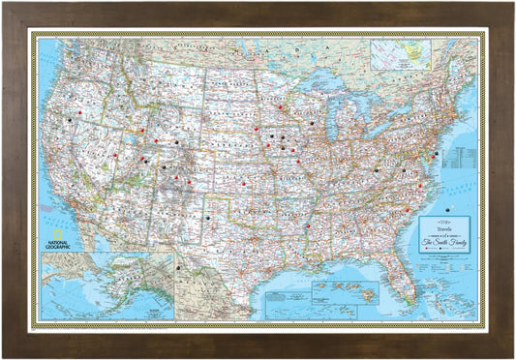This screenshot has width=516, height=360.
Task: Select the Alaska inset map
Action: (x=107, y=285)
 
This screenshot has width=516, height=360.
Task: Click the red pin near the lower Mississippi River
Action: (x=308, y=226)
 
